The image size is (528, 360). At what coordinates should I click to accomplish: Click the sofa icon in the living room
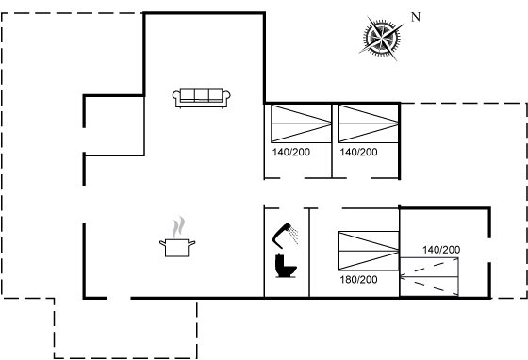pos(202,98)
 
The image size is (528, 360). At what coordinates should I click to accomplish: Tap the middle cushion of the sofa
pos(202,95)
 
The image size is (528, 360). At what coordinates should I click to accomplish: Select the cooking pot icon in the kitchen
pos(177,248)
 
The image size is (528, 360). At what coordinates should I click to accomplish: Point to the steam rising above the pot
pos(178,227)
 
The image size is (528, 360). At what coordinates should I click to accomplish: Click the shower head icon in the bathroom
pos(285,236)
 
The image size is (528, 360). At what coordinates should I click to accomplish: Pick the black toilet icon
pos(286,266)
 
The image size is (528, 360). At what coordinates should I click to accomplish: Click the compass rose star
pos(382,38)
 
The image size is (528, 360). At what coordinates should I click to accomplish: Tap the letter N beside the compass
pos(416,17)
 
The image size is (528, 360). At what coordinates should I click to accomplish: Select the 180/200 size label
pos(358,280)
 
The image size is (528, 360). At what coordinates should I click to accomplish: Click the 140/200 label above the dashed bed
pos(441,250)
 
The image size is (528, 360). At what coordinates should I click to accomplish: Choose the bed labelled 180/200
pos(369,251)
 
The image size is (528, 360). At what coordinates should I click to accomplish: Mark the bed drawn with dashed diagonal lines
pos(429,276)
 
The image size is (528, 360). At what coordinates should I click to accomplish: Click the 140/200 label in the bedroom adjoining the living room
pos(291,152)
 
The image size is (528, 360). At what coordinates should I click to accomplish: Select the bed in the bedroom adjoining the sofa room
pos(301,123)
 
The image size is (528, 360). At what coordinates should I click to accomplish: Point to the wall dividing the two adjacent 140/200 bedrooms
pos(332,140)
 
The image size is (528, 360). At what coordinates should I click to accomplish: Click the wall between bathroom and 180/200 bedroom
pos(309,253)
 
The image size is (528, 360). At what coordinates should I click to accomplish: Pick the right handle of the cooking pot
pos(191,243)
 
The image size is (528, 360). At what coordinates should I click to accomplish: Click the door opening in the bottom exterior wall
pos(119,298)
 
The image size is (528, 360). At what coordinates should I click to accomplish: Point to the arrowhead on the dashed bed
pos(403,276)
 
